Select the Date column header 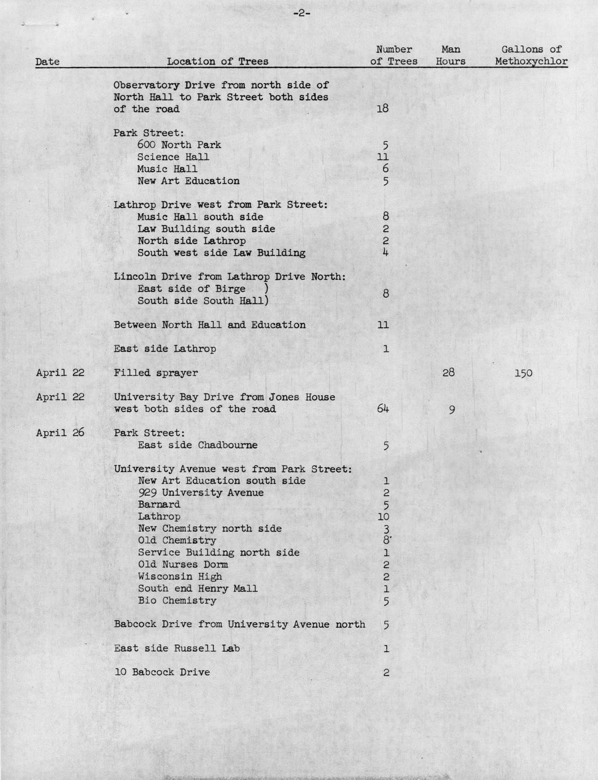click(x=47, y=62)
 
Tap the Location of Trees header click(x=218, y=62)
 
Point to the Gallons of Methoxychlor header click(x=531, y=55)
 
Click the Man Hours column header click(x=450, y=55)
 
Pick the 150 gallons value click(x=523, y=373)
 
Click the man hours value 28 click(x=449, y=372)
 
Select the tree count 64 click(x=382, y=409)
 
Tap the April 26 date click(x=60, y=433)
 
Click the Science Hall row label click(x=173, y=157)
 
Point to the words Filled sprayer click(x=156, y=373)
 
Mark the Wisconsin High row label click(x=180, y=577)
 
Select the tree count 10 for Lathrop click(x=383, y=517)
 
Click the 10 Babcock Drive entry click(x=162, y=672)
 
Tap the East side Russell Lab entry click(x=177, y=648)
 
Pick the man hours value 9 click(x=451, y=410)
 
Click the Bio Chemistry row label click(x=177, y=600)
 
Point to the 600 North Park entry click(x=179, y=145)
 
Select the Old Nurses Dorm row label click(x=183, y=565)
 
